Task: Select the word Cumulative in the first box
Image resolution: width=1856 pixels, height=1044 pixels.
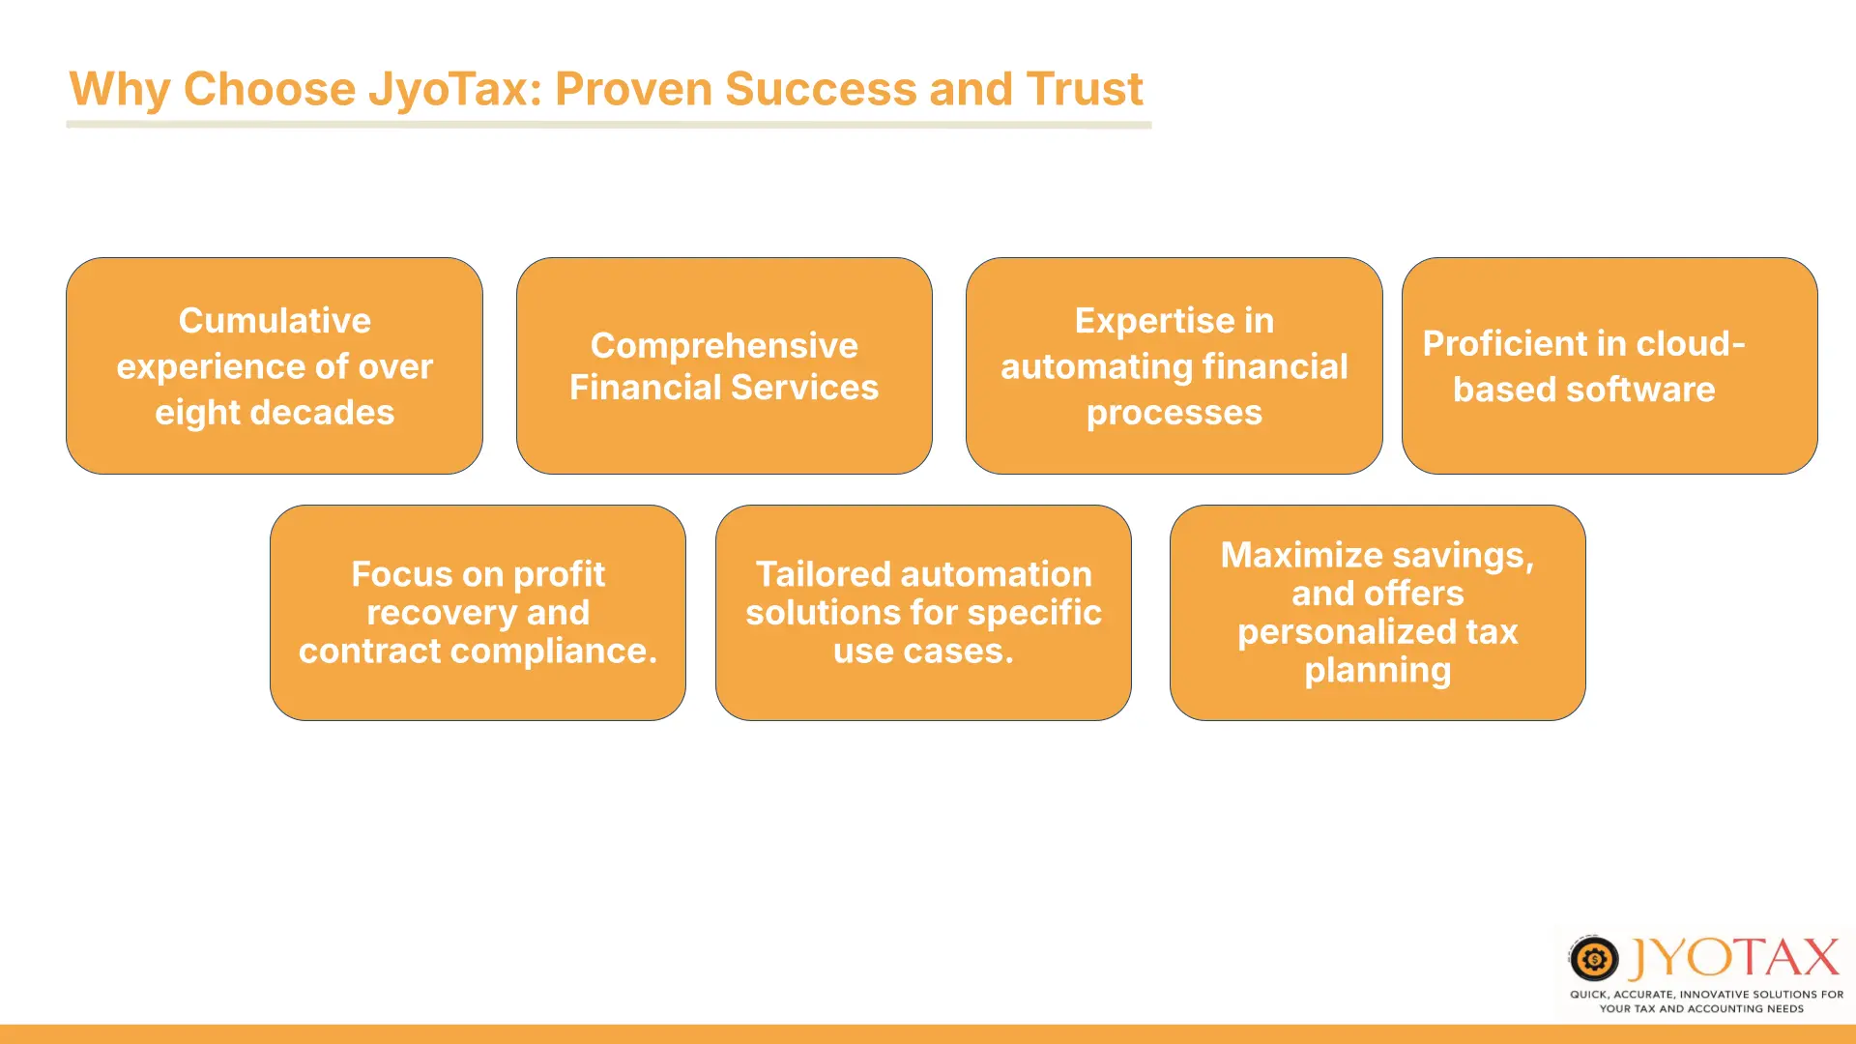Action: tap(275, 320)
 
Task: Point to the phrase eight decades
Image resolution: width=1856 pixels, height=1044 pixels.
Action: tap(275, 413)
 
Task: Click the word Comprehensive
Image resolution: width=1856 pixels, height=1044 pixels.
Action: tap(724, 346)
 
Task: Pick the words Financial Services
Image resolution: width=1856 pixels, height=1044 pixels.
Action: tap(724, 388)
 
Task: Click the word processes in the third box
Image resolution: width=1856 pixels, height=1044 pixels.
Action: tap(1174, 414)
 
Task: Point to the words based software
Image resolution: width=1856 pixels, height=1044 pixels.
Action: tap(1583, 390)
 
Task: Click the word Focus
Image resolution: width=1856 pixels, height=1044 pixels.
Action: tap(401, 574)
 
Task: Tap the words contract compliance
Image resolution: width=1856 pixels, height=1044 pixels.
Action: tap(478, 652)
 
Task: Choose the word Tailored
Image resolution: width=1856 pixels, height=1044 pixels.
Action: tap(824, 574)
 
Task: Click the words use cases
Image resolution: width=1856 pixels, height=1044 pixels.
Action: tap(923, 652)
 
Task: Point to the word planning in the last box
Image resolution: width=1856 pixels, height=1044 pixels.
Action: tap(1377, 671)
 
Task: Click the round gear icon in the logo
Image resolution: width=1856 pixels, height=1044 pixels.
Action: tap(1593, 959)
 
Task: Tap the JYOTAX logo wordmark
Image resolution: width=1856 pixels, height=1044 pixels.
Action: tap(1734, 958)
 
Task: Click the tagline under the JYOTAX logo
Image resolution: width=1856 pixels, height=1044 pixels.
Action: tap(1706, 1001)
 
